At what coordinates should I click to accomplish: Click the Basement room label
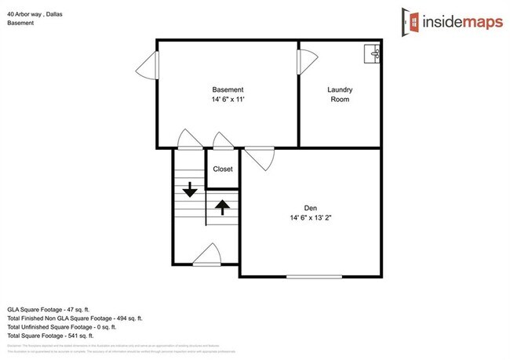tap(228, 89)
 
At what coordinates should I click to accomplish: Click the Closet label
tap(223, 169)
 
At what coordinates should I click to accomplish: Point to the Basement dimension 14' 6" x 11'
tap(228, 100)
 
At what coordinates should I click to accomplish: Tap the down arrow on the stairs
tap(189, 190)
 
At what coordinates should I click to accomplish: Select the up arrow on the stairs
tap(222, 207)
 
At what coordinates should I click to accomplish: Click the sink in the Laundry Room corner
tap(373, 53)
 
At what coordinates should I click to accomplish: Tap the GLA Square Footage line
tap(49, 311)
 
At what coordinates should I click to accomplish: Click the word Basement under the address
tap(20, 22)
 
